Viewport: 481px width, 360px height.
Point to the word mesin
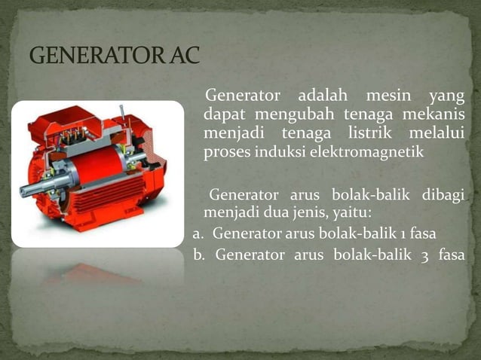point(388,97)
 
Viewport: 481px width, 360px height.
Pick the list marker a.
point(197,233)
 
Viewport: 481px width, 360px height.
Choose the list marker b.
point(198,254)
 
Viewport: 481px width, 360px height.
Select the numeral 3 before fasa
point(425,255)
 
